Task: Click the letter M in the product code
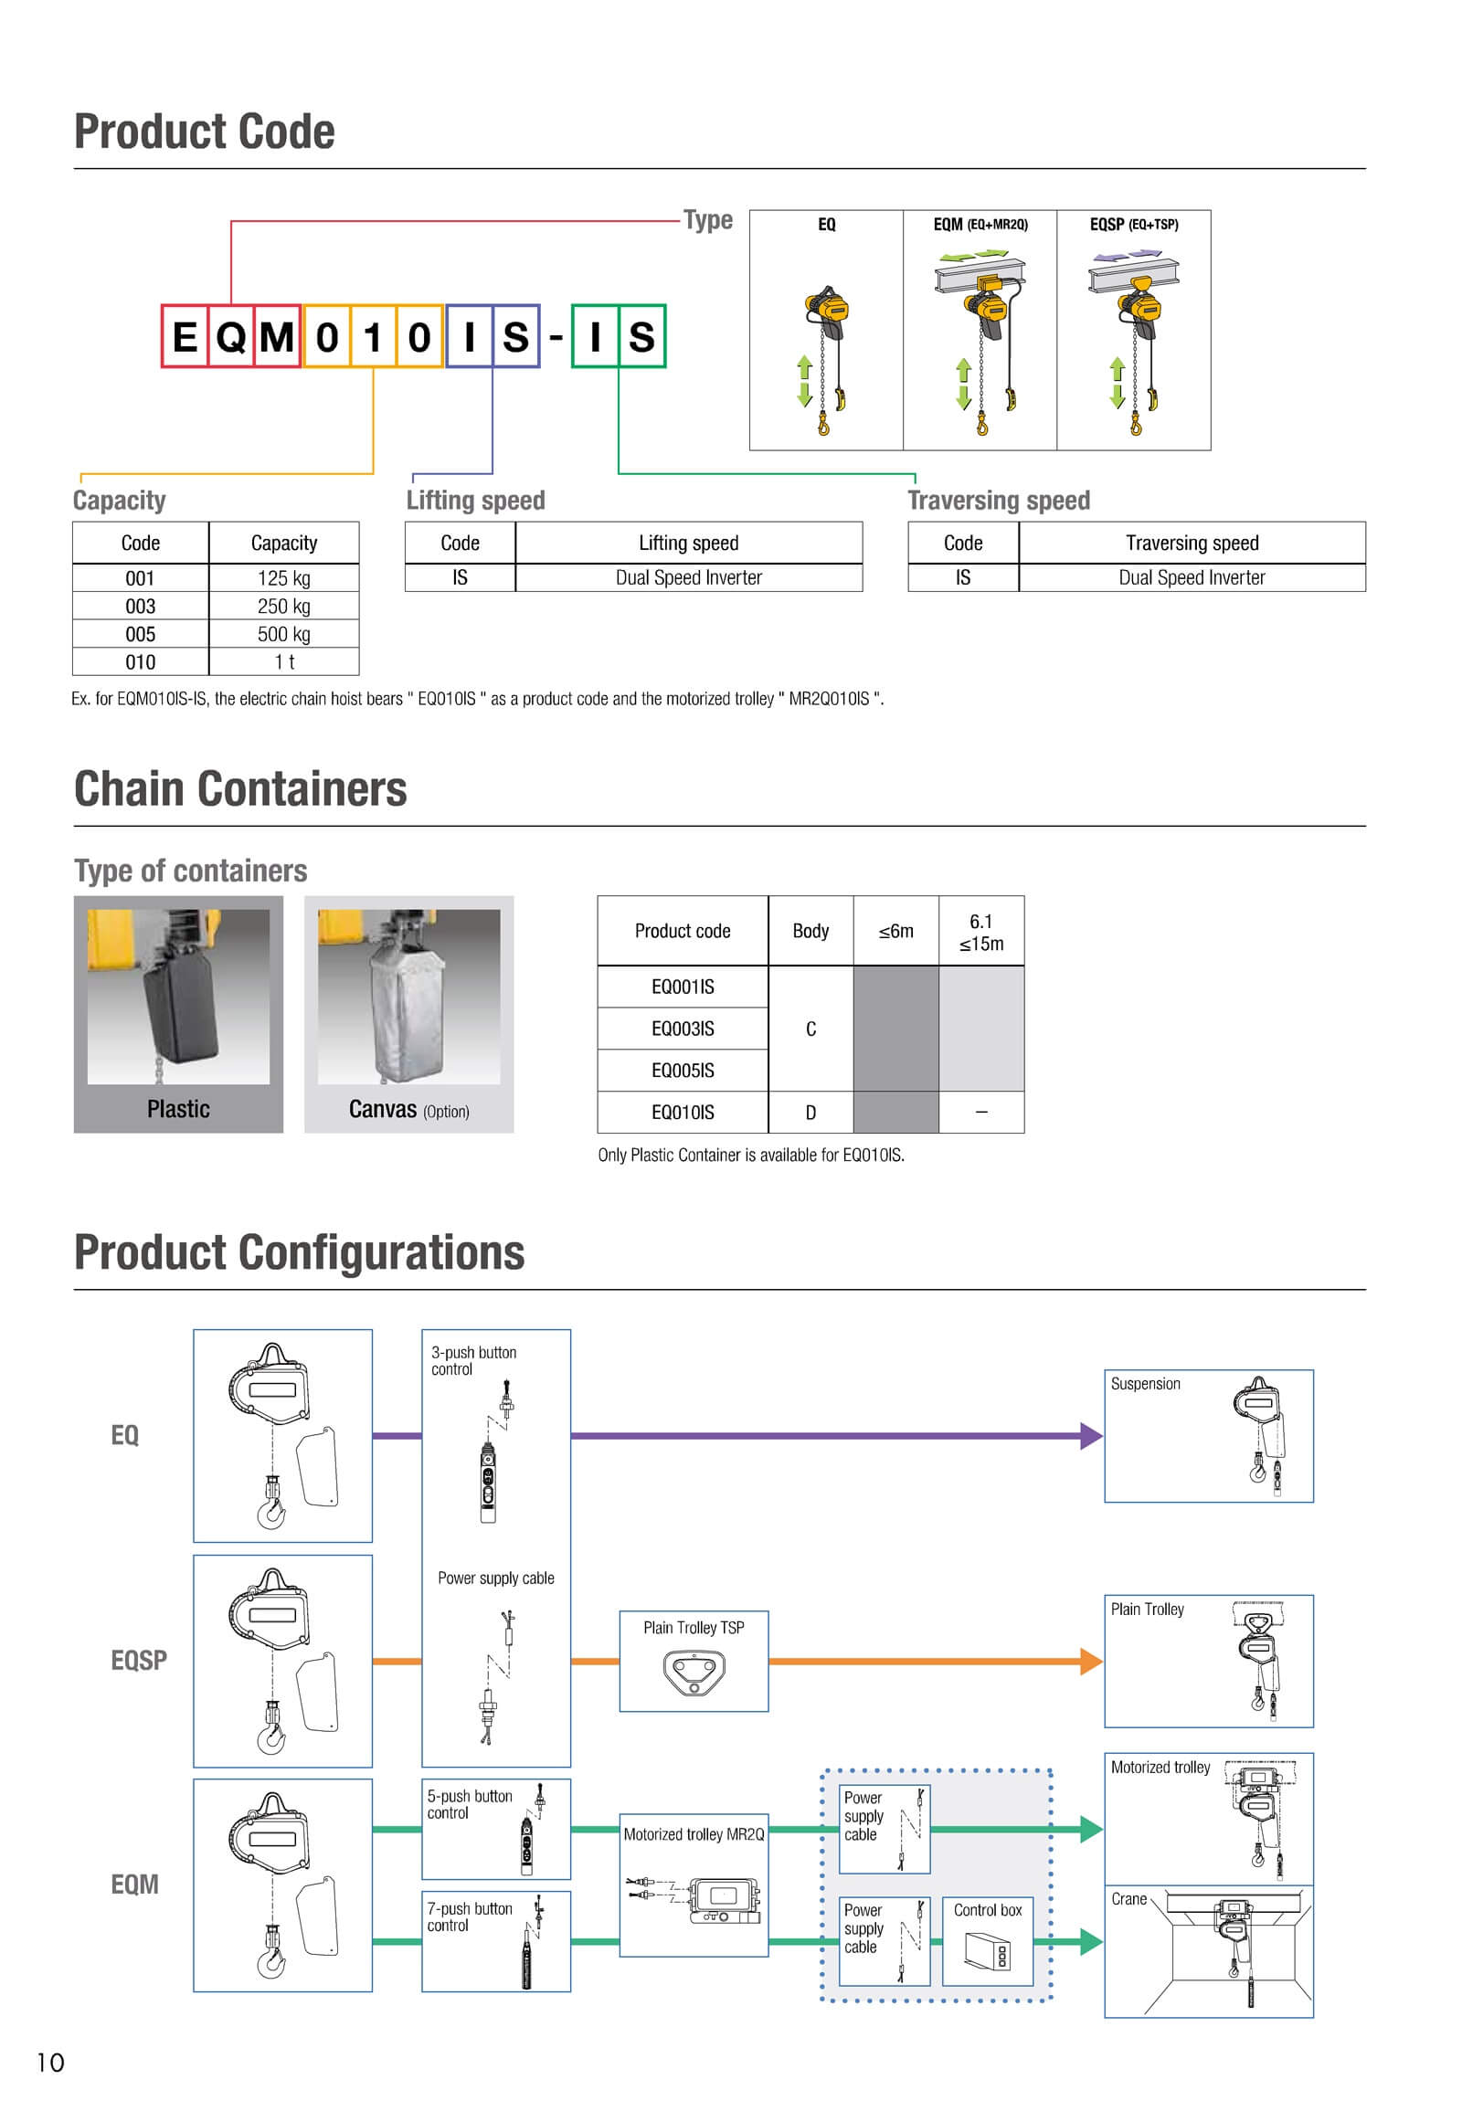coord(277,337)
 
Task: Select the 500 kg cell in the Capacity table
coord(284,634)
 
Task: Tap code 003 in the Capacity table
coord(140,607)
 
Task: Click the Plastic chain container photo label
coord(178,1109)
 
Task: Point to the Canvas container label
coord(383,1109)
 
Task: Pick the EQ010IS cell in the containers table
coord(683,1112)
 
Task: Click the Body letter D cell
coord(810,1112)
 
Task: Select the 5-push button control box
coord(495,1829)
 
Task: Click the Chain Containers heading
coord(240,788)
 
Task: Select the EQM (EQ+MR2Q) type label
coord(980,225)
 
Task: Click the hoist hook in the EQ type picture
coord(823,425)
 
